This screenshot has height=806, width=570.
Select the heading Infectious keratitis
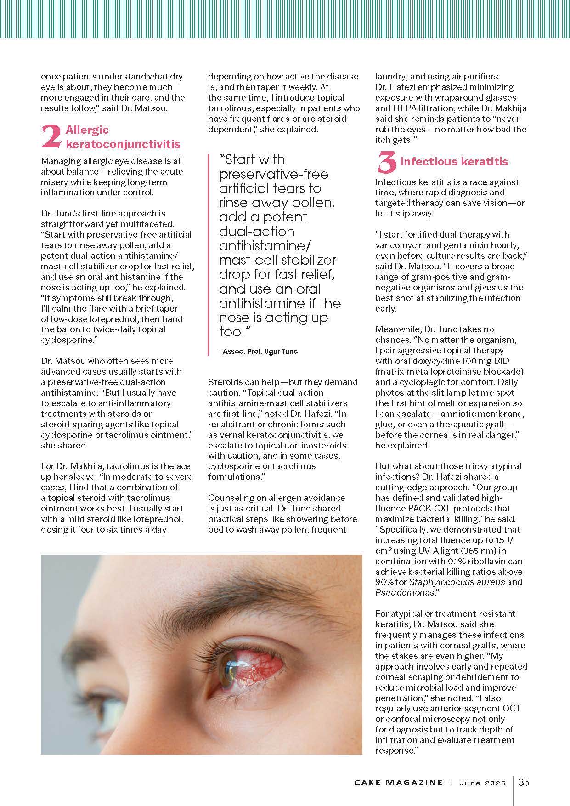[x=454, y=162]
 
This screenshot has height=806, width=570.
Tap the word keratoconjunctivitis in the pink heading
[x=123, y=144]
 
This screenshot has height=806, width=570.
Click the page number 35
[x=524, y=782]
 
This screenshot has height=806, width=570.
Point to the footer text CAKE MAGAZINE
[x=398, y=783]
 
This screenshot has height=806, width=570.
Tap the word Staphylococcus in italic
[x=438, y=582]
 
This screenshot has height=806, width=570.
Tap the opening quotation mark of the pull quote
[x=223, y=158]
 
